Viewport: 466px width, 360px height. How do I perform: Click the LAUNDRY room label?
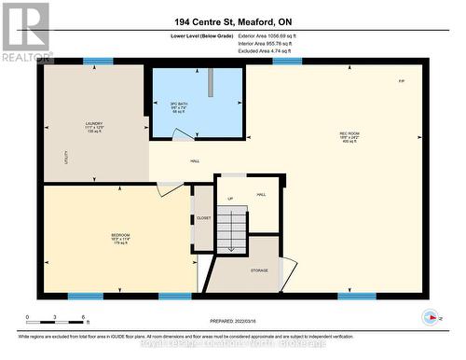[93, 121]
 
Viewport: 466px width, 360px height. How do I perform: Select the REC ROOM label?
[350, 134]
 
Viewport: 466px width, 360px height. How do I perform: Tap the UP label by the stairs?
[230, 199]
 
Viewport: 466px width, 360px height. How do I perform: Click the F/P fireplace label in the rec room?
[401, 82]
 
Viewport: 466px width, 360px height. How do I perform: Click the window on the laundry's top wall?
[97, 62]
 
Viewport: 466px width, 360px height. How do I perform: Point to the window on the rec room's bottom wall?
[357, 296]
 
